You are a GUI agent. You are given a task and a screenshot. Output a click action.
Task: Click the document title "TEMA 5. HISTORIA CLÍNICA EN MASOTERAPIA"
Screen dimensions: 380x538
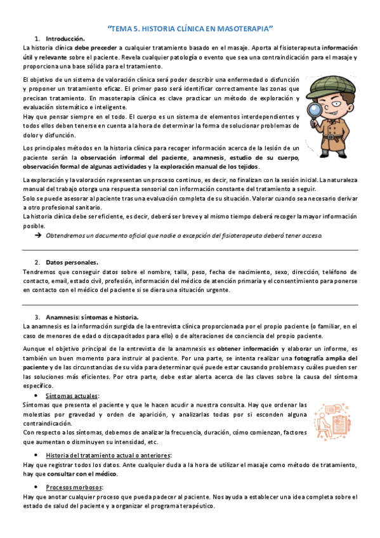190,29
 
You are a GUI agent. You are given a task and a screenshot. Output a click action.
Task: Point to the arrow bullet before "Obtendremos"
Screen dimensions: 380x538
39,235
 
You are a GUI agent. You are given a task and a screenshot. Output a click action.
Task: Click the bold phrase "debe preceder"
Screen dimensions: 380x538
95,48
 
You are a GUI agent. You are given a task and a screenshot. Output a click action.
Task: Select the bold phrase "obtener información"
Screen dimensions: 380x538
249,350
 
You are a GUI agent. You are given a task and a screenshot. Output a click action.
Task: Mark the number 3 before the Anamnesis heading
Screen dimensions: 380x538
37,317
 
